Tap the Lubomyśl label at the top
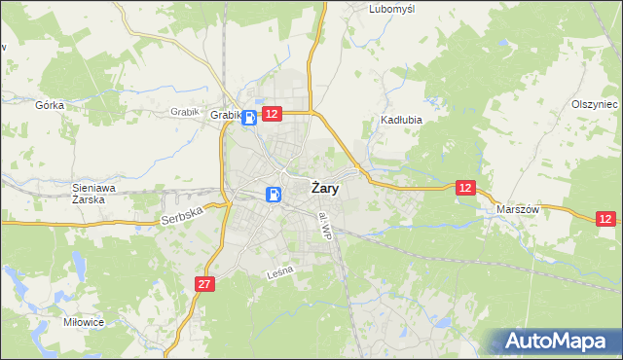[x=392, y=9]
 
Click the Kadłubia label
[x=398, y=123]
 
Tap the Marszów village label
[x=518, y=210]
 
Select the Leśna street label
[x=278, y=277]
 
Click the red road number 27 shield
[x=203, y=284]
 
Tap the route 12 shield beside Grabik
[x=272, y=115]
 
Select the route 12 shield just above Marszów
[x=466, y=187]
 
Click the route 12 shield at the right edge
[x=606, y=220]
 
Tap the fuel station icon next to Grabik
[x=250, y=118]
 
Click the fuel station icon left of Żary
[x=275, y=194]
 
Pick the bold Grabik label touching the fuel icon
[x=225, y=116]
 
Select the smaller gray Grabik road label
[x=184, y=112]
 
